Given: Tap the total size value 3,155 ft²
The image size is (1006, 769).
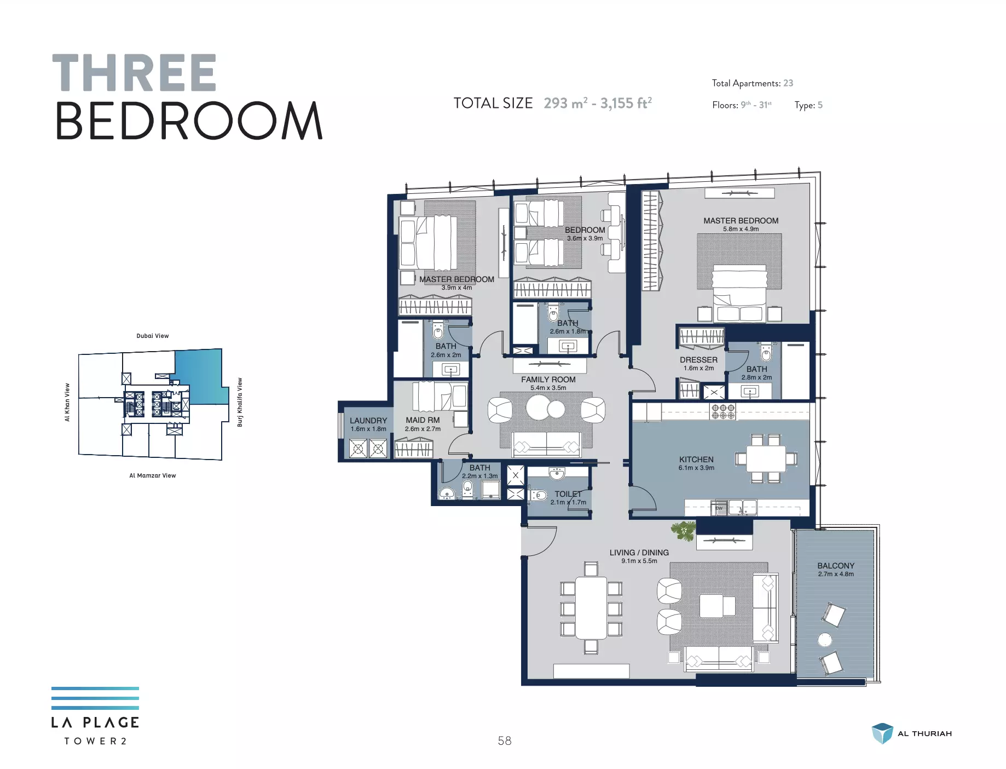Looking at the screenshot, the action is tap(626, 103).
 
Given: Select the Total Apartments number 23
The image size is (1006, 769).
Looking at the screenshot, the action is tap(788, 83).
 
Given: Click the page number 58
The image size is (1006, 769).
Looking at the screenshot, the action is tap(505, 741).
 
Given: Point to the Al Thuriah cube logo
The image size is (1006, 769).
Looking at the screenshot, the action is tap(882, 733).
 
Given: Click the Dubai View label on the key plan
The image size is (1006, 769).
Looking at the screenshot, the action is tap(153, 336).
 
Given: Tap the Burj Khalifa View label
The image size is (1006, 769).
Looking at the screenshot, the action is tap(239, 402).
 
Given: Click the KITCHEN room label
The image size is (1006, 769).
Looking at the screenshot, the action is tap(696, 460).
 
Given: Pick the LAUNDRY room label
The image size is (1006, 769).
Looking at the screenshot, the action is tap(368, 421).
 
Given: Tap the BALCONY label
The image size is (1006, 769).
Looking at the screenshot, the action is tap(836, 566).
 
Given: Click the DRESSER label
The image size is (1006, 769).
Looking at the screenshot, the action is tap(698, 360).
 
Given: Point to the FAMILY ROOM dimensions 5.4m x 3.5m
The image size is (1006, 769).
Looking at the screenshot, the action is tap(548, 388).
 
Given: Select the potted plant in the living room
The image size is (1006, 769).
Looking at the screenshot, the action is tap(684, 530).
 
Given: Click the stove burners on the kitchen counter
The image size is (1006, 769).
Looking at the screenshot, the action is tap(723, 411).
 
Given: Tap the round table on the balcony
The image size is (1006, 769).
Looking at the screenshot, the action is tap(825, 639).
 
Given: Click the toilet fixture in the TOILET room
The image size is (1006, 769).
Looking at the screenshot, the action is tap(537, 496).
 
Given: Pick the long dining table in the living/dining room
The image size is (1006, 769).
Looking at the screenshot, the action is tap(591, 608).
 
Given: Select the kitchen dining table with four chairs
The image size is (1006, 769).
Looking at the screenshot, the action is tap(766, 458).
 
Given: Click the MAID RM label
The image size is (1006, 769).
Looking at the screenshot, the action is tap(423, 420).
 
